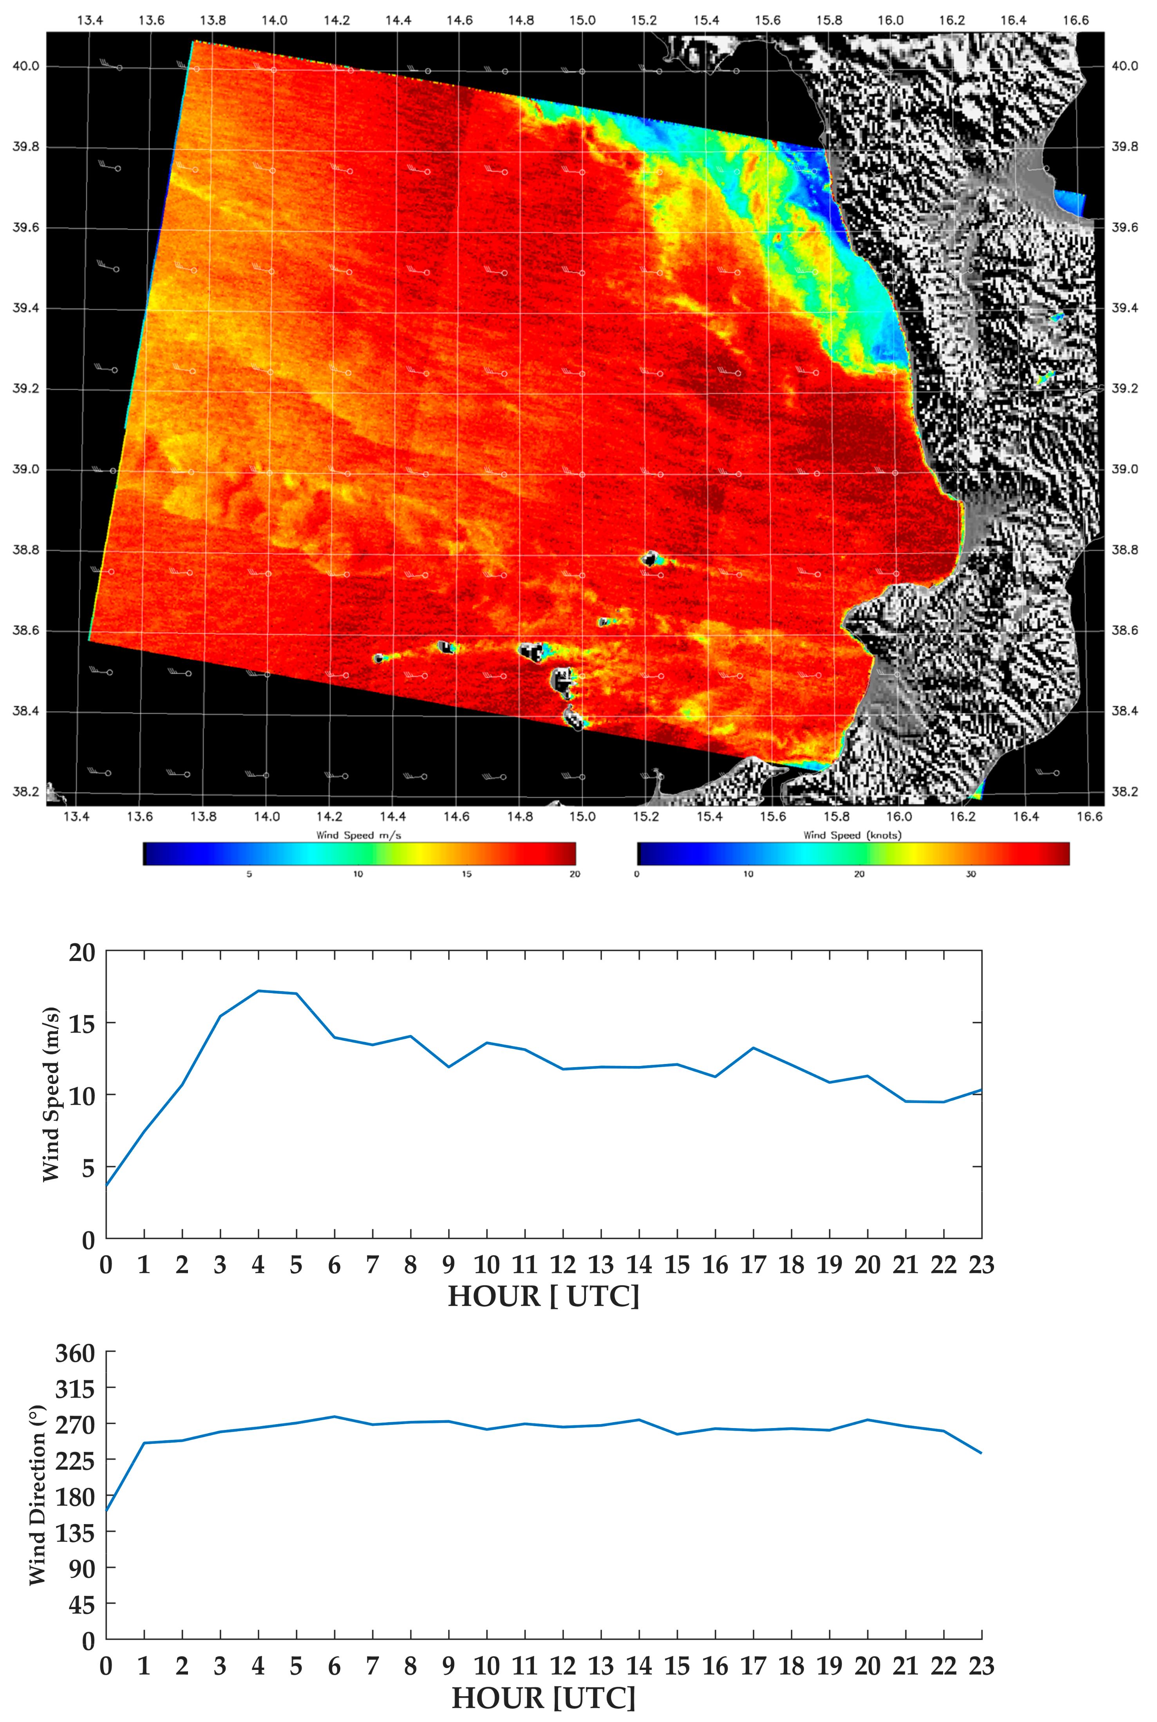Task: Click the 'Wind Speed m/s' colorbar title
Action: pyautogui.click(x=359, y=835)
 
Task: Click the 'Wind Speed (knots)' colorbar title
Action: pyautogui.click(x=852, y=835)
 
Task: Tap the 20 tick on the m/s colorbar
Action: pyautogui.click(x=575, y=874)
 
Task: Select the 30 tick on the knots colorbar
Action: pyautogui.click(x=970, y=874)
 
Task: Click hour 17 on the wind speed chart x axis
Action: pyautogui.click(x=753, y=1265)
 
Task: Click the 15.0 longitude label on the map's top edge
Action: pyautogui.click(x=582, y=20)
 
